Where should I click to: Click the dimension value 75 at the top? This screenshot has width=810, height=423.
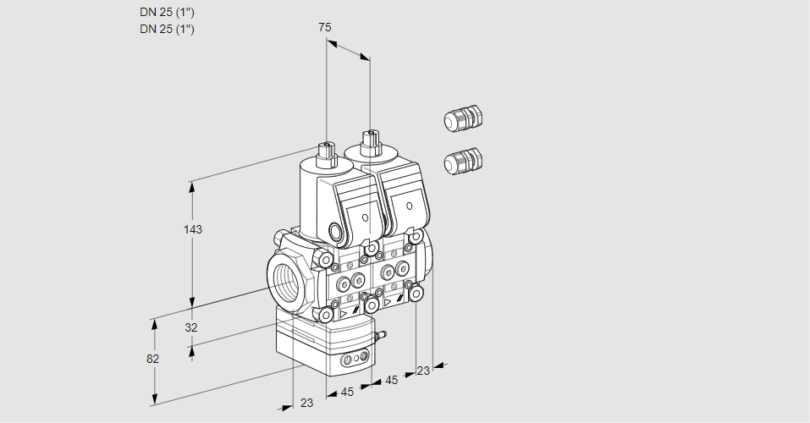(325, 28)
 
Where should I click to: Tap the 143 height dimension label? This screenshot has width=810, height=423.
(194, 230)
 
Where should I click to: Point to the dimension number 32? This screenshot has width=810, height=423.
(191, 327)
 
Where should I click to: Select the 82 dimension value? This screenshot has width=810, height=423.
(152, 359)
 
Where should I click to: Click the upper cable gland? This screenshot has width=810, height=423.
(463, 118)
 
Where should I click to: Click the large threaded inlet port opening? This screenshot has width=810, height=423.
(286, 278)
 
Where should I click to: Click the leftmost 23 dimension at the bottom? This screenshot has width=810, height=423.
(306, 404)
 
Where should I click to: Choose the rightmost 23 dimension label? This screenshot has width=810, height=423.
(423, 370)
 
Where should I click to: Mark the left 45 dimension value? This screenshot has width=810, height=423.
(346, 393)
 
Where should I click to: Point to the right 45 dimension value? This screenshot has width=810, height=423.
(391, 381)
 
